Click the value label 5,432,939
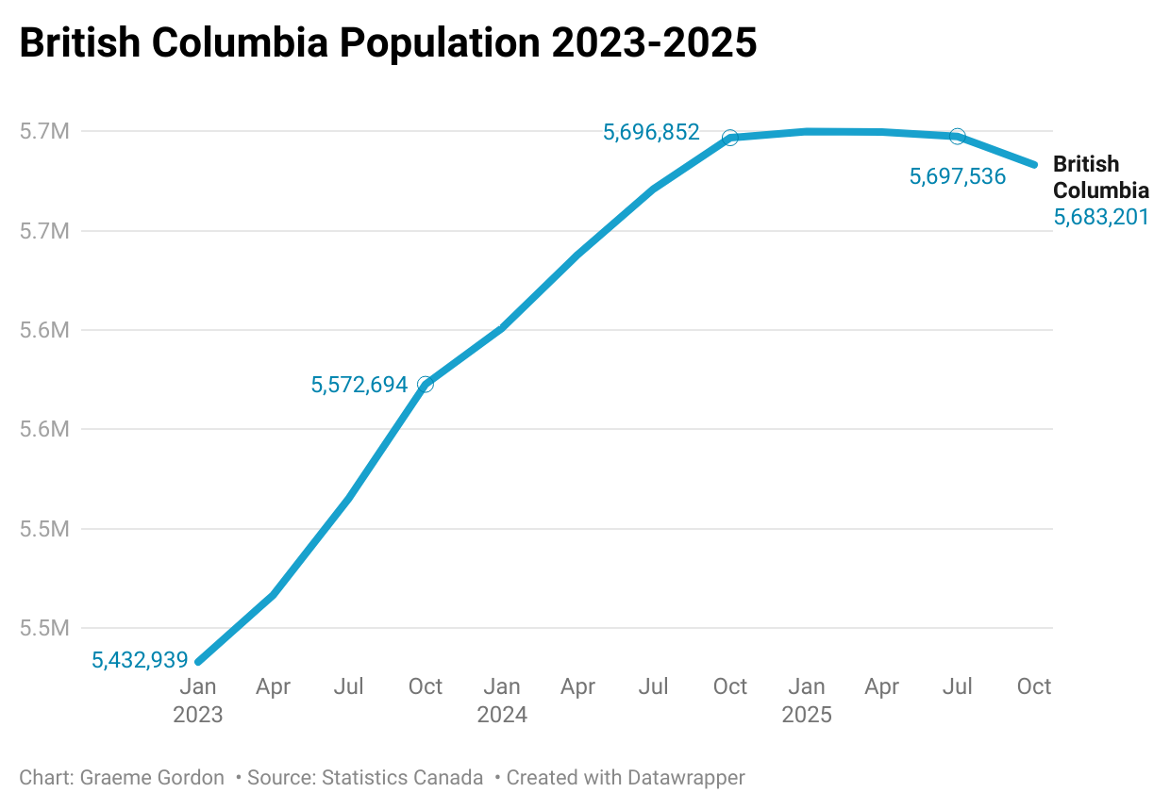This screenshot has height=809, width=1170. coord(140,660)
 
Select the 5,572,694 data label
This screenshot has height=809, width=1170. coord(359,385)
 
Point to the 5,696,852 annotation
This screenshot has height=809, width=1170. coord(651,133)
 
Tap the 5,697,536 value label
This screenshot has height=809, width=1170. coord(957,176)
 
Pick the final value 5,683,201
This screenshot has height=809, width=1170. coord(1100,218)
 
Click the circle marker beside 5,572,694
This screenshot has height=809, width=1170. coord(426,384)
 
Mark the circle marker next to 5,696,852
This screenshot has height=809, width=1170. coord(729,138)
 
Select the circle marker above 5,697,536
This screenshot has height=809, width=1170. coord(958,137)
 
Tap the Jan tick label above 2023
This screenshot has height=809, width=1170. coord(198,686)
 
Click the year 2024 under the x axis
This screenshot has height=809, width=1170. coord(502,715)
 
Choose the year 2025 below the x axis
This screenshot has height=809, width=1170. coord(807,715)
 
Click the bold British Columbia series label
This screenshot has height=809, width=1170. coord(1100,176)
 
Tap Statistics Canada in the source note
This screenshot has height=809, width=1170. coord(402,778)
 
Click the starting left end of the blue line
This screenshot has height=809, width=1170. coord(198,662)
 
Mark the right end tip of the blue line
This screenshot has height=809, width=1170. coord(1035,164)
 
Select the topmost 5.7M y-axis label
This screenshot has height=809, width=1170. coord(44,131)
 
